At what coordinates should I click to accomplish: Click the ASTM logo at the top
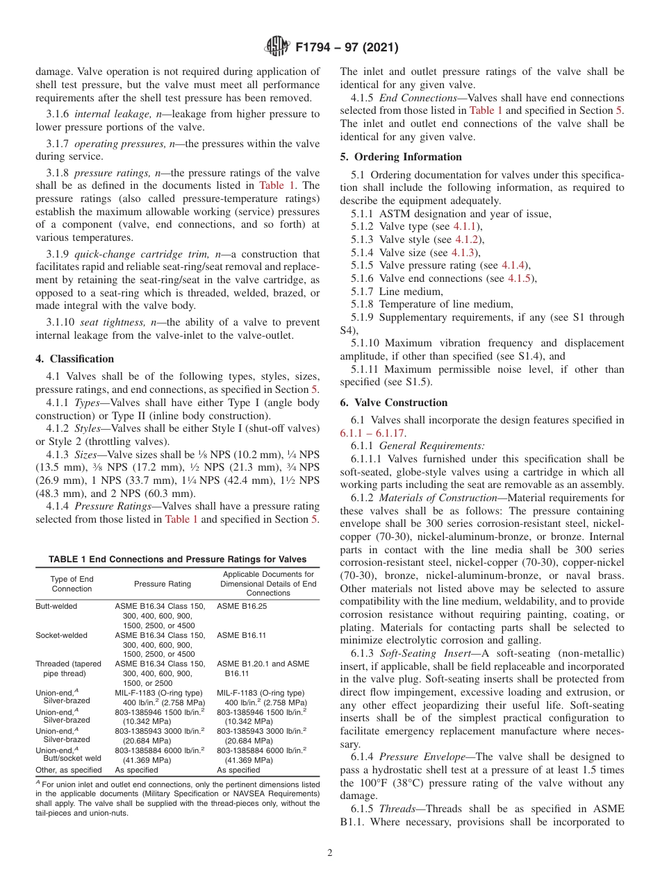click(x=277, y=47)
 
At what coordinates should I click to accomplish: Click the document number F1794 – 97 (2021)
click(x=346, y=48)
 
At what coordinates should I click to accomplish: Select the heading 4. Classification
click(x=75, y=359)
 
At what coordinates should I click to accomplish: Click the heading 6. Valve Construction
click(x=394, y=403)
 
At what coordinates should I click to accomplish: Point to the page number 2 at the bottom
click(x=329, y=852)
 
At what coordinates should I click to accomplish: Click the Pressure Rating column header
click(x=159, y=585)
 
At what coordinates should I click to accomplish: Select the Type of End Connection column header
click(x=72, y=584)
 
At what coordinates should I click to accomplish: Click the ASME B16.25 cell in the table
click(x=241, y=606)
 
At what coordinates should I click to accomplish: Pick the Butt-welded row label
click(x=56, y=606)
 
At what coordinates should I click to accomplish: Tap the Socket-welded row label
click(x=61, y=635)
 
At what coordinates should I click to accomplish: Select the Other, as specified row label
click(x=68, y=770)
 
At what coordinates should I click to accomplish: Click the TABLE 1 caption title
click(x=177, y=560)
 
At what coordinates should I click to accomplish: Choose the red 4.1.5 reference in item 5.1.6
click(x=520, y=278)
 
